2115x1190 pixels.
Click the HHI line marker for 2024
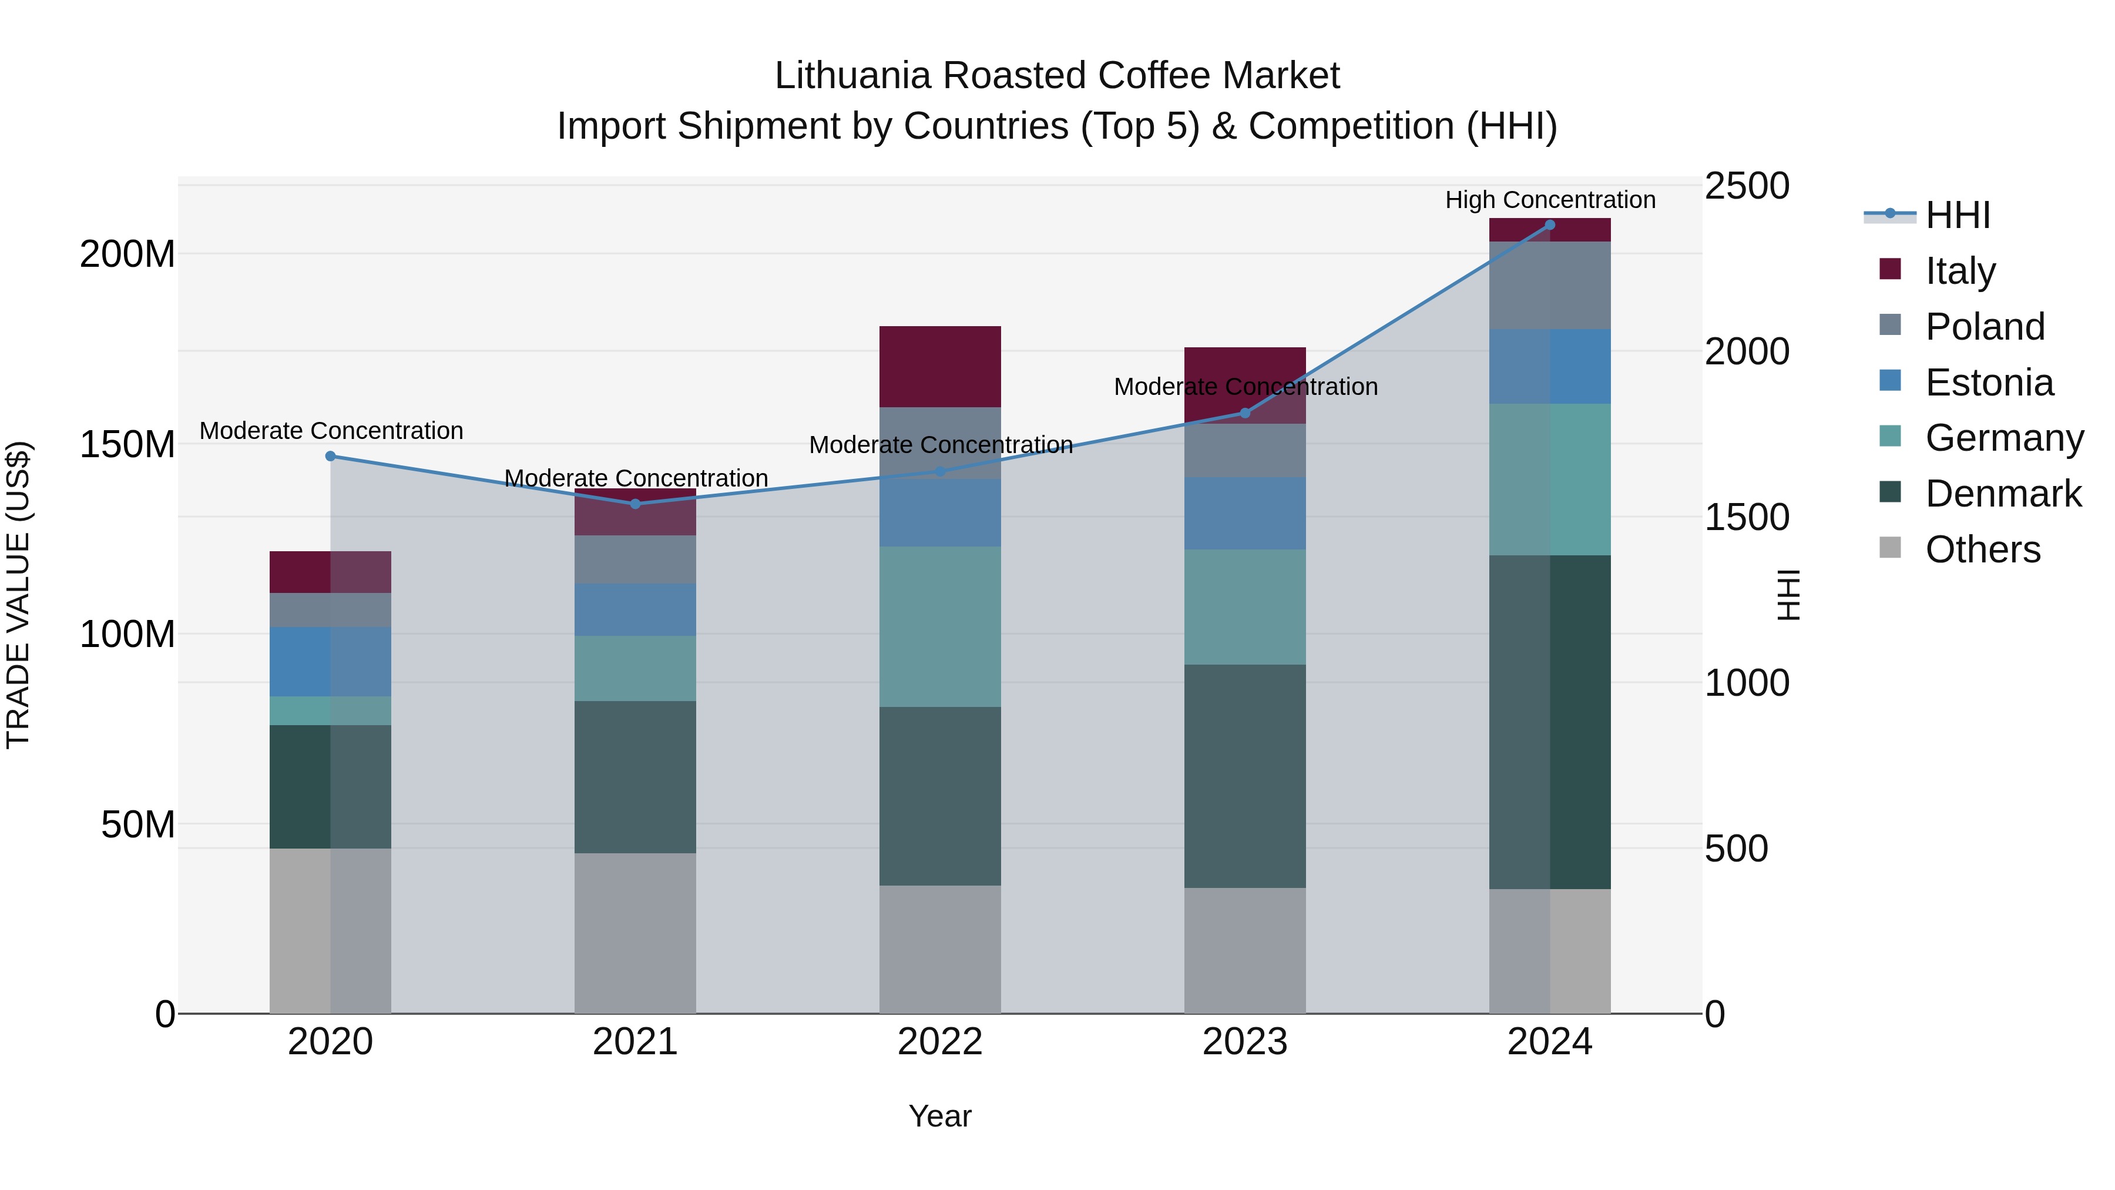tap(1549, 225)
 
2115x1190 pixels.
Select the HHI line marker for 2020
tap(330, 456)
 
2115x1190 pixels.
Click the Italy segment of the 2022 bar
tap(939, 366)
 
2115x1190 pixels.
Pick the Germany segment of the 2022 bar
tap(939, 626)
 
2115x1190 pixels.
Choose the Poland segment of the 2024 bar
tap(1549, 285)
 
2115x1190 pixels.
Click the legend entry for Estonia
tap(1989, 382)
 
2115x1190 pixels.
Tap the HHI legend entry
tap(1958, 215)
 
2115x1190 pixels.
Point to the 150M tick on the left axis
tap(127, 444)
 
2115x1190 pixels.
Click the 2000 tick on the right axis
tap(1747, 351)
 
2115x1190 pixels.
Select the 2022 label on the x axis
tap(939, 1042)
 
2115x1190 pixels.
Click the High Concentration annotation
tap(1549, 200)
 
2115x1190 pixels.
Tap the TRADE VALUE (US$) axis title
tap(18, 595)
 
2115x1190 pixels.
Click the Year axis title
tap(939, 1116)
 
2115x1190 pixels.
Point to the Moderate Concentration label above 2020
tap(331, 430)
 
